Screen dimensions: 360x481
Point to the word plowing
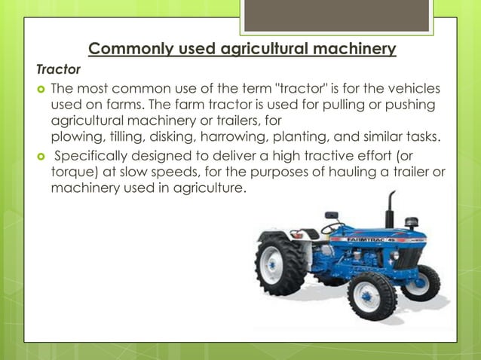pos(76,136)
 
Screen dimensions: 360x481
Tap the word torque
pos(71,172)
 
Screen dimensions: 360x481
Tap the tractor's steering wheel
pos(332,227)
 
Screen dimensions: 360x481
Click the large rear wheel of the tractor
pos(280,265)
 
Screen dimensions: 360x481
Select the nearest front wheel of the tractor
pos(372,294)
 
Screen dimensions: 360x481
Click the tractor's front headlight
pos(394,256)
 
